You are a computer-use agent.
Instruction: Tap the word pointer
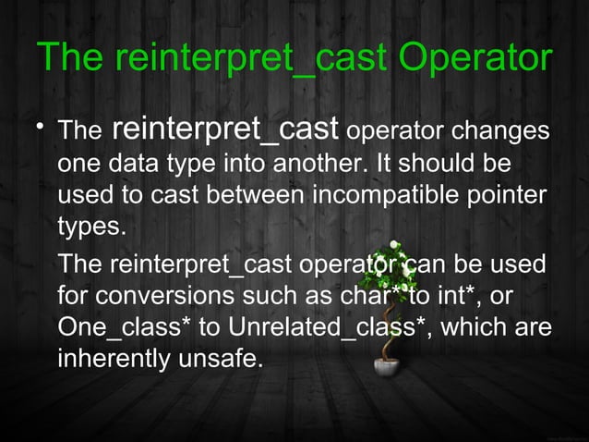click(507, 197)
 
